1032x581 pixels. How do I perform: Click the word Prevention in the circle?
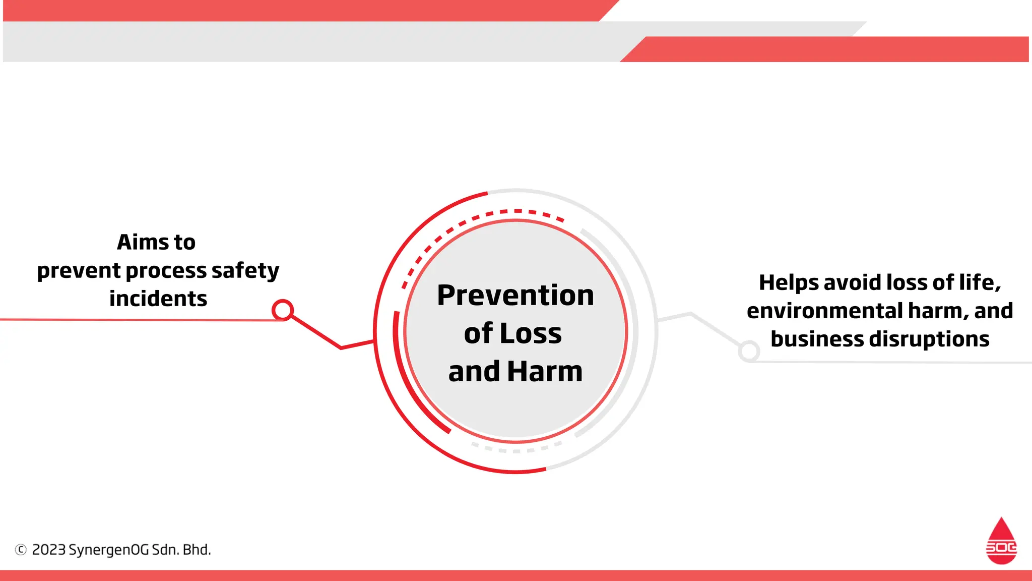pos(515,295)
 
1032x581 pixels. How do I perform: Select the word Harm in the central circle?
pos(544,372)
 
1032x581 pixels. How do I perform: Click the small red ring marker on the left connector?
pos(283,310)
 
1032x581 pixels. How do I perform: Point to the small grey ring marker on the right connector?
pos(749,351)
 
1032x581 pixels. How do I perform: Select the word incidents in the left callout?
pos(158,299)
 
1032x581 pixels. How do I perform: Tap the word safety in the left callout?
pos(245,271)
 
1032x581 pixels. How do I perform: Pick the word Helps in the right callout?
pos(789,282)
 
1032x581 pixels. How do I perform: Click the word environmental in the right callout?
pos(825,311)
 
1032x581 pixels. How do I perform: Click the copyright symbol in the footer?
pos(21,550)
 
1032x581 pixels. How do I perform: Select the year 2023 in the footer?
pos(48,550)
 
